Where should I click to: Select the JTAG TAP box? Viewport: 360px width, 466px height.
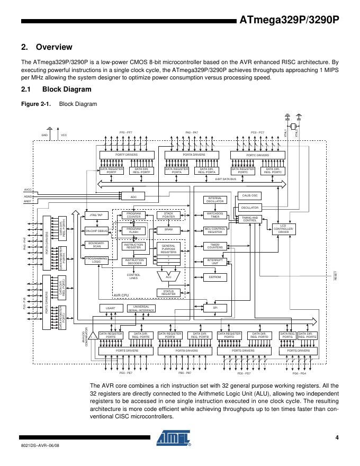point(96,215)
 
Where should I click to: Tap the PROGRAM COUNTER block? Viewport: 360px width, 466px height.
point(133,215)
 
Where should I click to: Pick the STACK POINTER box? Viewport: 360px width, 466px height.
point(168,215)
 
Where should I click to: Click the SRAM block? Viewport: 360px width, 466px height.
point(168,230)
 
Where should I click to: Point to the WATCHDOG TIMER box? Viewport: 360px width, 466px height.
point(215,215)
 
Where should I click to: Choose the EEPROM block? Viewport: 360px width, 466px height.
point(215,276)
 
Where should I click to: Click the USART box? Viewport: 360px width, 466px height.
point(107,308)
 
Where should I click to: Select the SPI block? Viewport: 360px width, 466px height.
point(215,307)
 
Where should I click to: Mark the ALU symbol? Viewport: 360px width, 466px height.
point(168,276)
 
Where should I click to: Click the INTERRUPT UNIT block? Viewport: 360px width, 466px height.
point(215,262)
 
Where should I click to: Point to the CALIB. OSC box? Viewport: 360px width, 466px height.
point(249,196)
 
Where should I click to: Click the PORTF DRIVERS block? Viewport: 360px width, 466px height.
point(127,155)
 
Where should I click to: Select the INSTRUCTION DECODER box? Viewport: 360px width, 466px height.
point(133,262)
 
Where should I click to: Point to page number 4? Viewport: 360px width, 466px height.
point(336,437)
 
